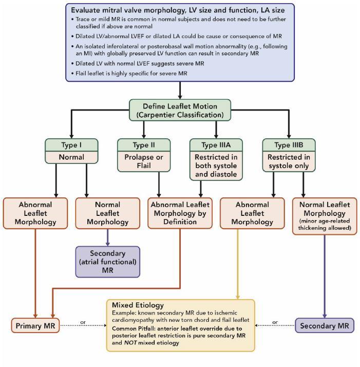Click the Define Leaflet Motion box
pyautogui.click(x=180, y=110)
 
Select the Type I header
pyautogui.click(x=71, y=145)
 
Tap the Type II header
pyautogui.click(x=144, y=145)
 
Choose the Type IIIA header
pyautogui.click(x=216, y=145)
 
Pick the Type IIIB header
pyautogui.click(x=289, y=145)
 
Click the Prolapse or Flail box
pyautogui.click(x=144, y=161)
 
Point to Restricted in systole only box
pyautogui.click(x=289, y=161)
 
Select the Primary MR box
pyautogui.click(x=35, y=325)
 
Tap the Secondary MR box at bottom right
pyautogui.click(x=325, y=325)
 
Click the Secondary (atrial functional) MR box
pyautogui.click(x=108, y=262)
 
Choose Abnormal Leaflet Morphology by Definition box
pyautogui.click(x=180, y=213)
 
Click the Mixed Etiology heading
pyautogui.click(x=138, y=305)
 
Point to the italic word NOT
pyautogui.click(x=130, y=343)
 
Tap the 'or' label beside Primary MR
pyautogui.click(x=83, y=322)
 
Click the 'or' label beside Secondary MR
pyautogui.click(x=275, y=322)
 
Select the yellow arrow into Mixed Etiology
pyautogui.click(x=238, y=264)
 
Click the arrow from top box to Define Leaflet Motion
pyautogui.click(x=180, y=90)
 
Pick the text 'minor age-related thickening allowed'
pyautogui.click(x=325, y=224)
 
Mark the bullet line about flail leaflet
pyautogui.click(x=129, y=74)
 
